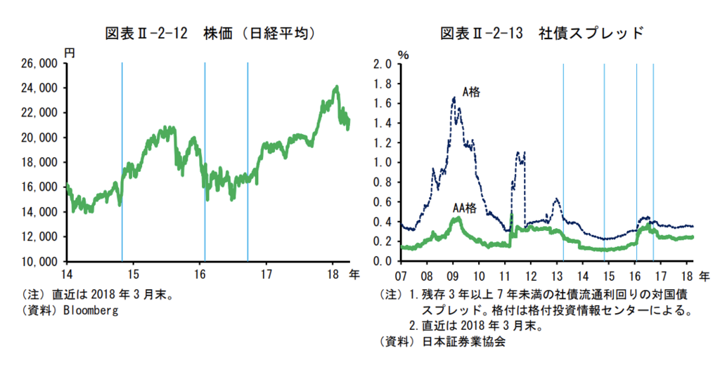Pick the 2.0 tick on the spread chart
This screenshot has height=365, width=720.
[x=382, y=64]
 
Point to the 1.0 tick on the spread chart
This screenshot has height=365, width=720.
[x=382, y=162]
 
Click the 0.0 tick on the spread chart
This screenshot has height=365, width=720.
[x=382, y=261]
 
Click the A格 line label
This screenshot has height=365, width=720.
[x=471, y=91]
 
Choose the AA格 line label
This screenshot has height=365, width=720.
[x=464, y=208]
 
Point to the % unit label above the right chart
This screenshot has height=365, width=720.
[x=402, y=53]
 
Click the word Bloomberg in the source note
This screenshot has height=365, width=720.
[x=91, y=310]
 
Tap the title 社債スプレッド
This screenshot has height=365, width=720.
[x=591, y=33]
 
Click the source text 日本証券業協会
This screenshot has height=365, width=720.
[x=464, y=342]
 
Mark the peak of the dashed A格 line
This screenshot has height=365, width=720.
[x=454, y=98]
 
